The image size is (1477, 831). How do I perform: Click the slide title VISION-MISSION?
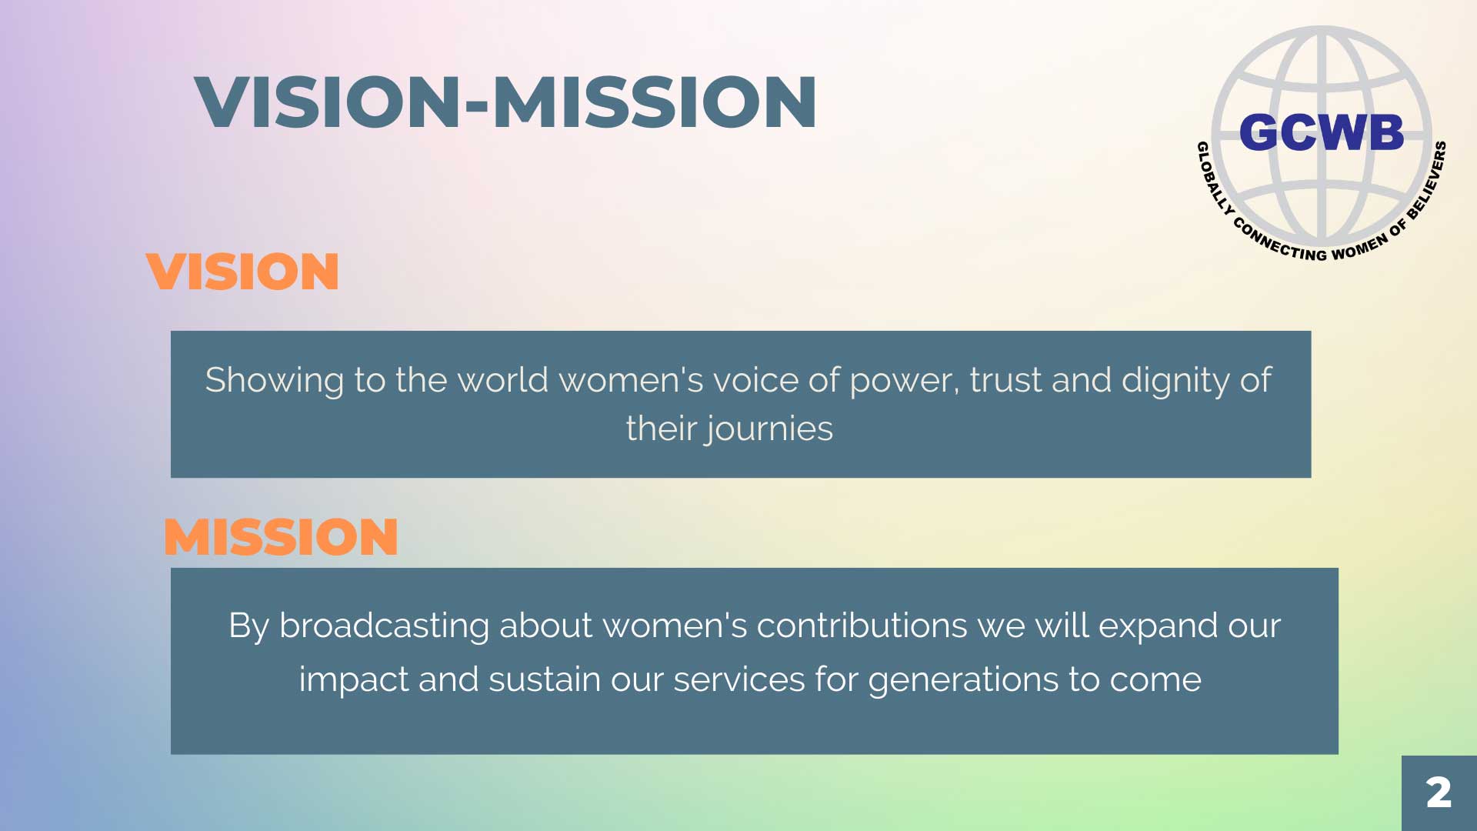coord(505,102)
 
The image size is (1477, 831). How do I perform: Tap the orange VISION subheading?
coord(242,272)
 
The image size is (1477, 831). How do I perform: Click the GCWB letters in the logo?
coord(1322,132)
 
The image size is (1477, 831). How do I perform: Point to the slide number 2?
coord(1439,793)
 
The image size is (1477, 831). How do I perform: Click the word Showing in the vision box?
coord(275,381)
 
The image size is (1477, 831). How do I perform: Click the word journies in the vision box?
coord(770,429)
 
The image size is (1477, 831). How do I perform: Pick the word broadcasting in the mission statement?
coord(384,626)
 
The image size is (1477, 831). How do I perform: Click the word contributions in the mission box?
coord(862,626)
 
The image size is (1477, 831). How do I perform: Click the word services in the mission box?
coord(738,680)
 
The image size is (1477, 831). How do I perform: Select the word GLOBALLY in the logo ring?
coord(1214,178)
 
